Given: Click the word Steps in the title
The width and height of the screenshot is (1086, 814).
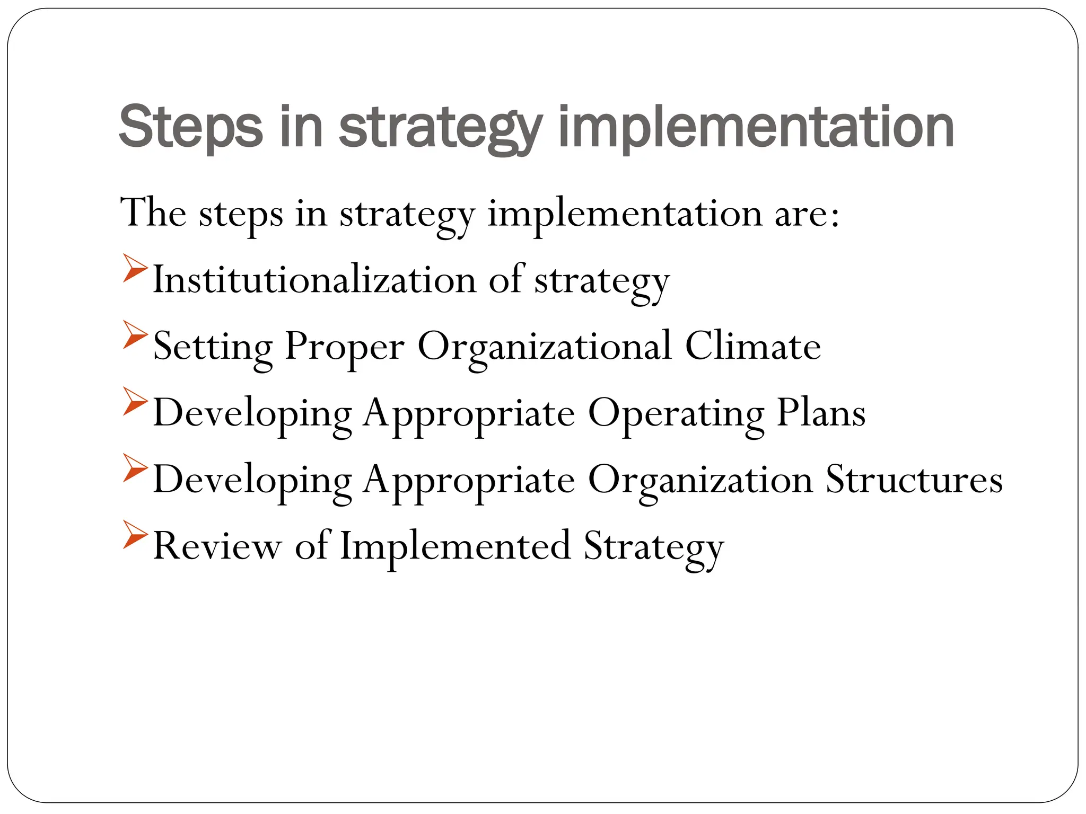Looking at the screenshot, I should tap(190, 127).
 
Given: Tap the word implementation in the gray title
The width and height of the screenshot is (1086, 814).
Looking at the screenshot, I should tap(756, 127).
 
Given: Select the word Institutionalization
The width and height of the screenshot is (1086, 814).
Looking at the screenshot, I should tap(314, 279).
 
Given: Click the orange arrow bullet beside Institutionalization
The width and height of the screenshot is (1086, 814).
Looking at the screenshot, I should tap(134, 268).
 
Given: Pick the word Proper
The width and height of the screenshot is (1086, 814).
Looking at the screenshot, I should tap(345, 346).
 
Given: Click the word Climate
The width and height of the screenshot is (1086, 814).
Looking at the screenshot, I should tap(753, 346).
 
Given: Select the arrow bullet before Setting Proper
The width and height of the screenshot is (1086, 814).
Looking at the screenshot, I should tap(134, 334).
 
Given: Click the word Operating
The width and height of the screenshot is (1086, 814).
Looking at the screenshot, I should tap(676, 414).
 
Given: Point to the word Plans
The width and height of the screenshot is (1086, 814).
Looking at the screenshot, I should tap(821, 413).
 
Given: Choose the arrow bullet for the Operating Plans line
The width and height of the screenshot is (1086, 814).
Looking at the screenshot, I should tap(134, 401).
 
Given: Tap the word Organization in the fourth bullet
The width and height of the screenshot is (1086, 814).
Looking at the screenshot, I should tap(700, 480).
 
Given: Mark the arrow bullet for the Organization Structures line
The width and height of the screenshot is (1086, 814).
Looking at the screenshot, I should tap(134, 468).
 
